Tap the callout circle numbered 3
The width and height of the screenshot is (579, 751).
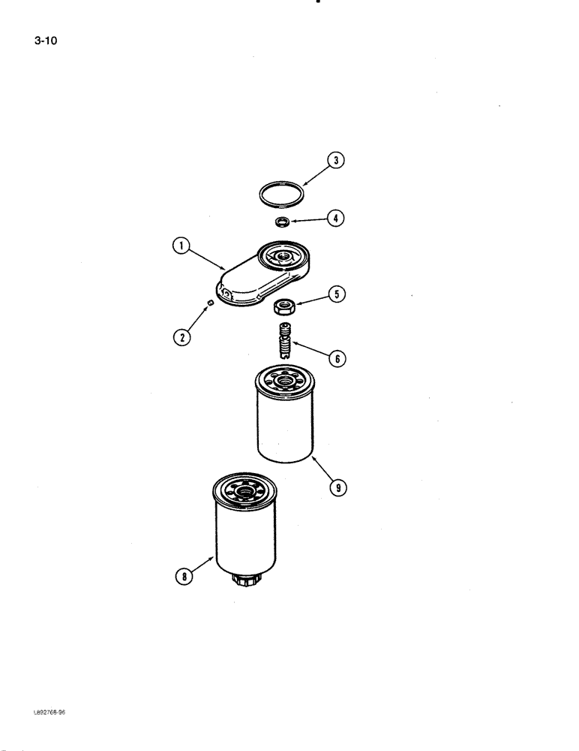coord(336,159)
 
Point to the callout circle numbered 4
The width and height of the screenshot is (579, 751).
coord(336,219)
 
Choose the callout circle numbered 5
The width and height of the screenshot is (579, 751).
coord(337,294)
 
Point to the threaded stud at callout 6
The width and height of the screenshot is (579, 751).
coord(283,340)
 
